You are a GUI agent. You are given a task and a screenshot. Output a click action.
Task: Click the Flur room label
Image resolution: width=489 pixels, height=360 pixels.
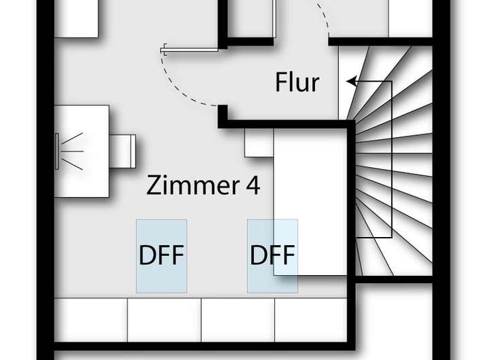pyautogui.click(x=297, y=83)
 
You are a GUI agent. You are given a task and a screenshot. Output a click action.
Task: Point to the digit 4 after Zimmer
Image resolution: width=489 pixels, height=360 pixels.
pyautogui.click(x=252, y=185)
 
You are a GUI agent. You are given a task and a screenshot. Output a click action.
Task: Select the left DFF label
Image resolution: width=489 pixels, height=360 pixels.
pyautogui.click(x=162, y=256)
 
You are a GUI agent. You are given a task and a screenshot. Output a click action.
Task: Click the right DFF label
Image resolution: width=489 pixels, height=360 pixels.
pyautogui.click(x=272, y=256)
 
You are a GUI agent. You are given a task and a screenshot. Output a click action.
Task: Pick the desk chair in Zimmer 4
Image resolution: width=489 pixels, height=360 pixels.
pyautogui.click(x=124, y=149)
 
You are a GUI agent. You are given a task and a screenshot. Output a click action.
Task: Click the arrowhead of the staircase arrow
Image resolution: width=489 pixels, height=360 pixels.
pyautogui.click(x=351, y=82)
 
